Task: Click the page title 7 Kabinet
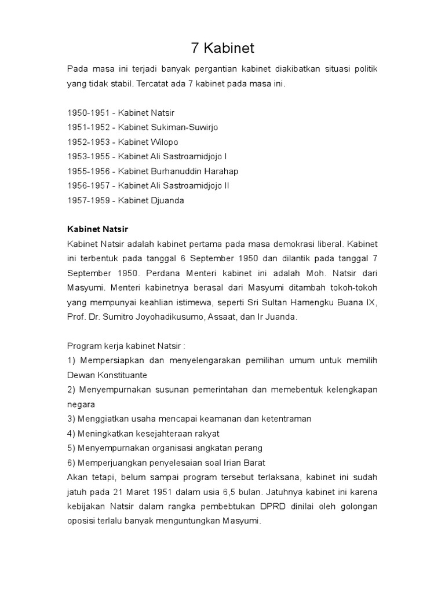point(222,47)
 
